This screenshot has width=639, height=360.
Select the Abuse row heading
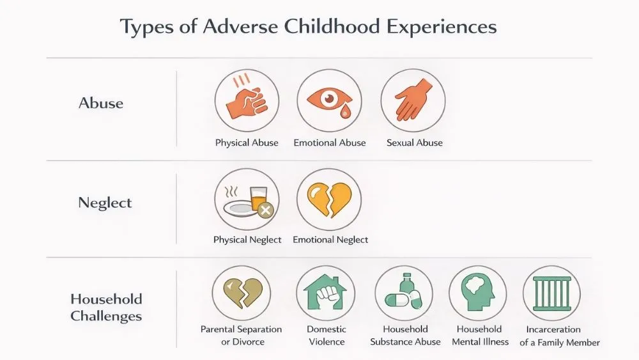(101, 103)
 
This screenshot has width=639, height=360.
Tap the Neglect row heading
(105, 203)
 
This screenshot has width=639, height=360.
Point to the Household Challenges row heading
(106, 307)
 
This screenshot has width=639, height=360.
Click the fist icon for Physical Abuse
(246, 101)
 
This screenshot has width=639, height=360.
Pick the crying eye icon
(329, 101)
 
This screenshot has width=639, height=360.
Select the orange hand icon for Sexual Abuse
(413, 101)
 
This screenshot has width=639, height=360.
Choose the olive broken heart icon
(241, 295)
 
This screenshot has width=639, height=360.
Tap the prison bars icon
(551, 295)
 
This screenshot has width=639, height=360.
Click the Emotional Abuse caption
(330, 143)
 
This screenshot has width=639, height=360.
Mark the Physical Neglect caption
(247, 240)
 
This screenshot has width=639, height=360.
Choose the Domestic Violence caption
(326, 335)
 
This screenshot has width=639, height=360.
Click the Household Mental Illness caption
(480, 335)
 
